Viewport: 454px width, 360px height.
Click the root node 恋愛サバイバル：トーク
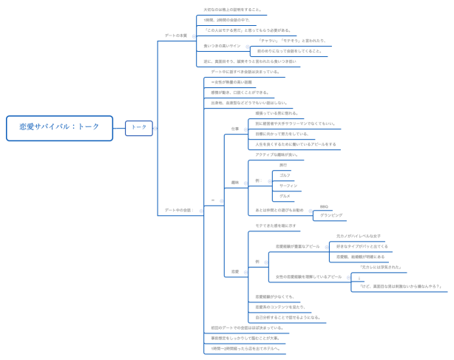coord(59,127)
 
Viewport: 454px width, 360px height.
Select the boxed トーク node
coord(139,127)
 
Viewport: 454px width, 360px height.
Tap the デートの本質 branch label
coord(176,35)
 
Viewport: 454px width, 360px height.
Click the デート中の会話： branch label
coord(178,210)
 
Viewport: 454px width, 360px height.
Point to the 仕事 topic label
coord(235,129)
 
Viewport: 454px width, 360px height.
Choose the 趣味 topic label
coord(235,182)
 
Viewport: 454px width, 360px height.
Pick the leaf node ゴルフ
coord(285,175)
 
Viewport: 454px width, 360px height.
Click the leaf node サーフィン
coord(288,186)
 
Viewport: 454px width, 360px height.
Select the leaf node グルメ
coord(285,196)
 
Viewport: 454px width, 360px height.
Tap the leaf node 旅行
coord(283,165)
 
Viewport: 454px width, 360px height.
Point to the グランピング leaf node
coord(331,215)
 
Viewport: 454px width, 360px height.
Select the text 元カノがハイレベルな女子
coord(359,236)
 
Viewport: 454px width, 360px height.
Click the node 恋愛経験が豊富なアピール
coord(298,246)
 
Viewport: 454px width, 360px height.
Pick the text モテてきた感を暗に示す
coord(276,225)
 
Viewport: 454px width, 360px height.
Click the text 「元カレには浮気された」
coord(380,267)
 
